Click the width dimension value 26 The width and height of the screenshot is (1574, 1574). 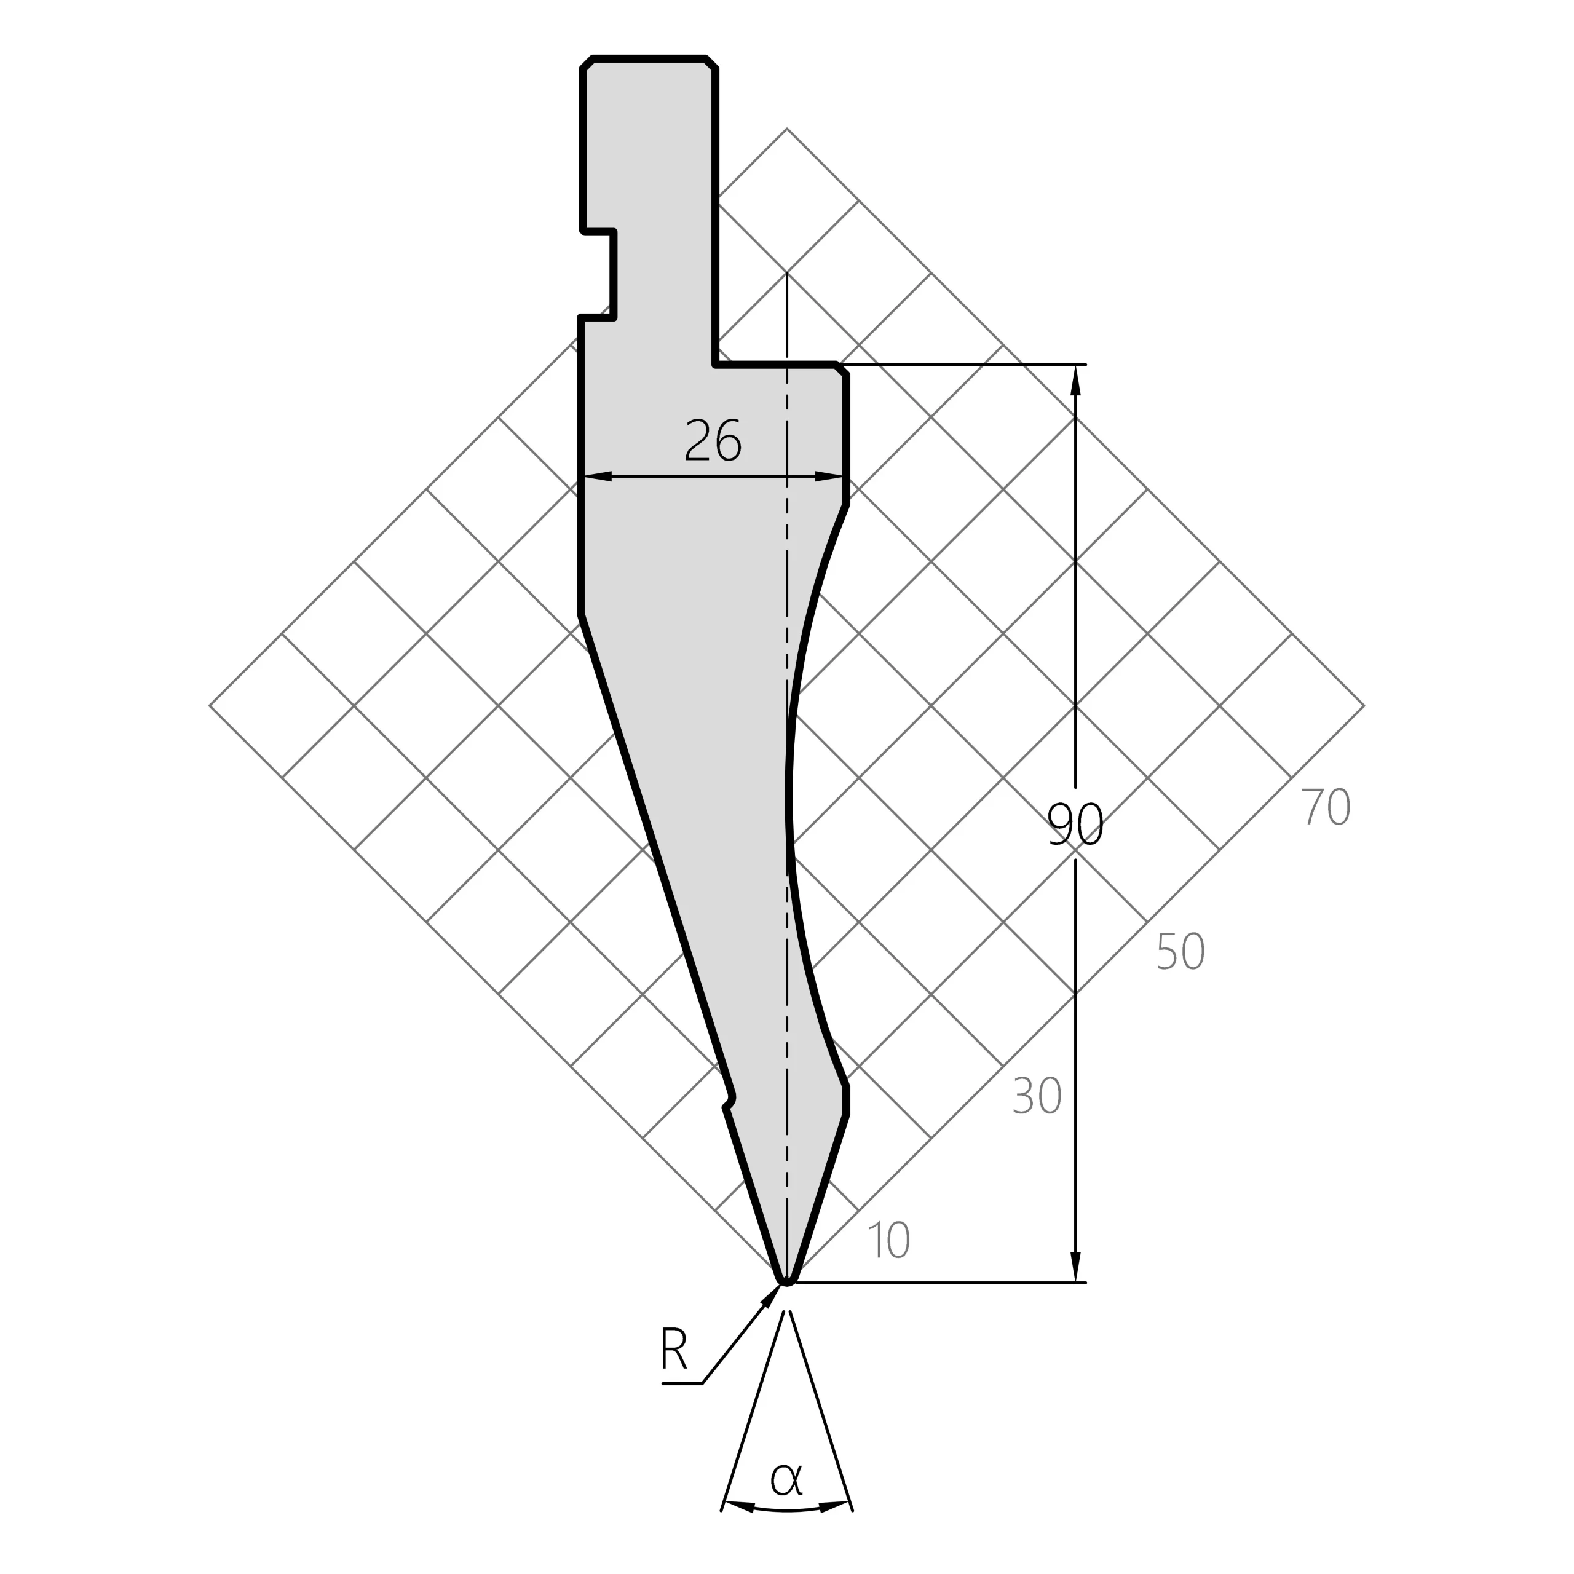(713, 440)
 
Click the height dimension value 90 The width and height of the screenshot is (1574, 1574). (1075, 824)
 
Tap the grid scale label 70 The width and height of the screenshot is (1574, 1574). (1326, 807)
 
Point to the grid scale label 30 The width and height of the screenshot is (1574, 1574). (1036, 1096)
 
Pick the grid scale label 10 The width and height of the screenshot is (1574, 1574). (889, 1240)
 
